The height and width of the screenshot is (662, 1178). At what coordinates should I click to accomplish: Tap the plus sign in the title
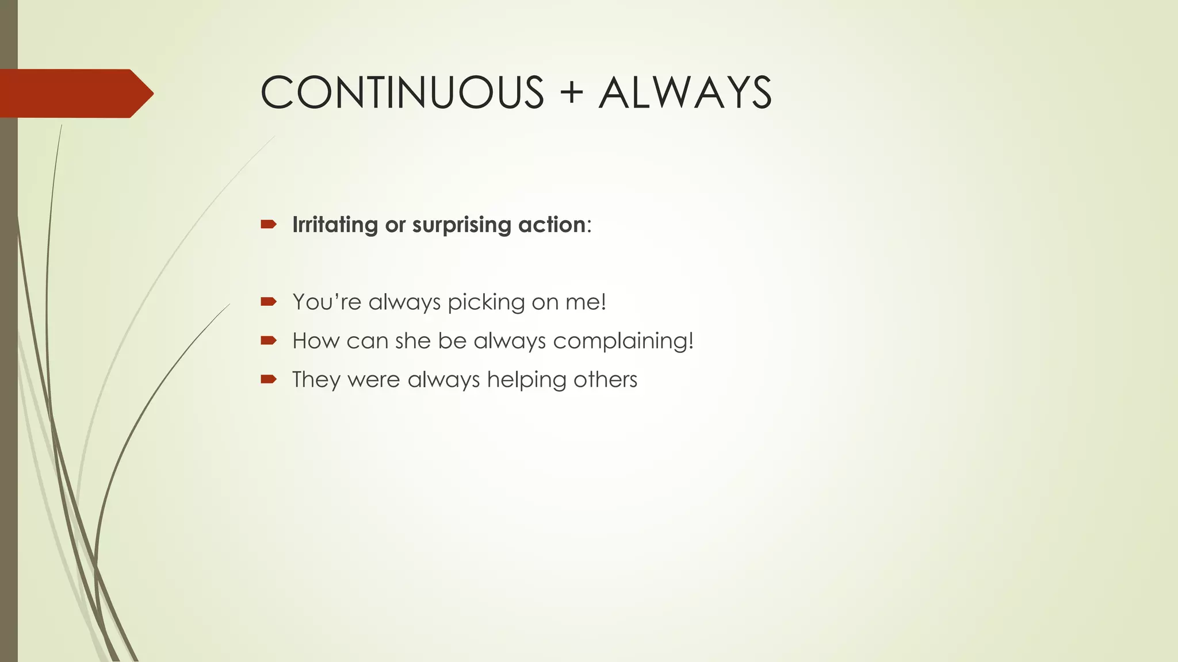pyautogui.click(x=571, y=93)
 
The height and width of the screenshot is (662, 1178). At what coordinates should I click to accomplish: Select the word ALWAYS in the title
pyautogui.click(x=685, y=93)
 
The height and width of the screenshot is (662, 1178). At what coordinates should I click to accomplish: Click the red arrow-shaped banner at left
pyautogui.click(x=75, y=93)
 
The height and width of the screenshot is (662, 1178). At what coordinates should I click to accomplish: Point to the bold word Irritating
pyautogui.click(x=335, y=224)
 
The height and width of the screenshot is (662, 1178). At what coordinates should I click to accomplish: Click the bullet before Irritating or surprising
pyautogui.click(x=269, y=224)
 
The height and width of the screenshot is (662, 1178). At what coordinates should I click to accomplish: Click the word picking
pyautogui.click(x=486, y=302)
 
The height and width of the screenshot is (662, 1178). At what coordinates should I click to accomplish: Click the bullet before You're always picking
pyautogui.click(x=269, y=302)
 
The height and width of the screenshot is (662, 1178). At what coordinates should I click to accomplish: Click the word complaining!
pyautogui.click(x=624, y=341)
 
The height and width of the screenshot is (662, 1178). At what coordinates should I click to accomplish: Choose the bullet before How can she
pyautogui.click(x=269, y=341)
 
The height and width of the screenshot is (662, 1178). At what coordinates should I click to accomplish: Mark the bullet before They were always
pyautogui.click(x=269, y=379)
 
